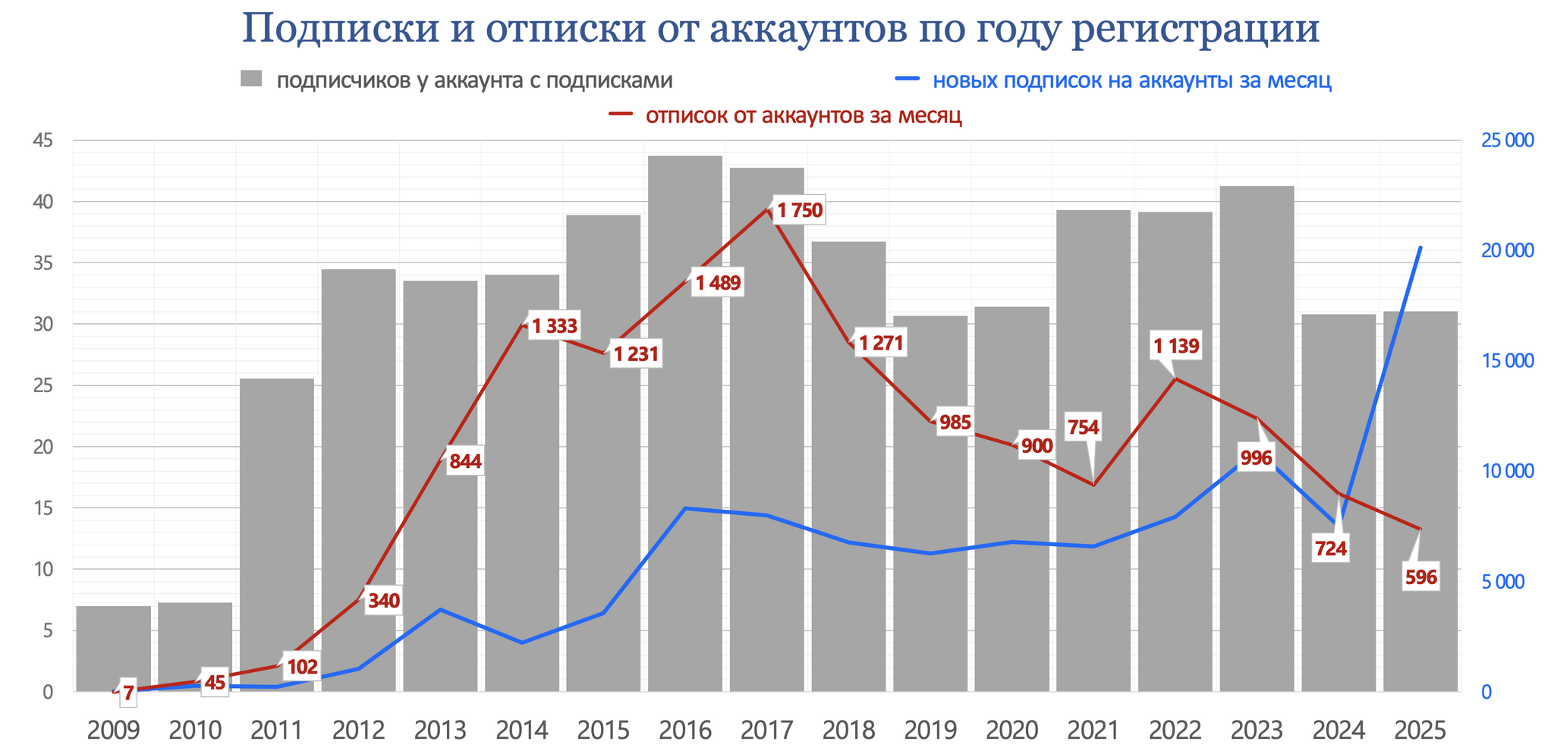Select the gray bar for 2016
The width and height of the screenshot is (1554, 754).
[685, 425]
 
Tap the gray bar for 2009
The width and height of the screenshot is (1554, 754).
[114, 649]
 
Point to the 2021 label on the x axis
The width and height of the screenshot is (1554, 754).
[1093, 730]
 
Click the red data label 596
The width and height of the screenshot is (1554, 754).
[1420, 577]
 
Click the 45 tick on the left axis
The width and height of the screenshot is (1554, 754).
[42, 140]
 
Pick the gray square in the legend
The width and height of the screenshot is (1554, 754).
[251, 79]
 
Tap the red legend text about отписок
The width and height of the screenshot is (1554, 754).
[804, 115]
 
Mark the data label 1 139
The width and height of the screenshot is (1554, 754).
[1175, 347]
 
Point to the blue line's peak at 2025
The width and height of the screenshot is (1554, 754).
[1420, 248]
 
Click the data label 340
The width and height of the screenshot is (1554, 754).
[383, 602]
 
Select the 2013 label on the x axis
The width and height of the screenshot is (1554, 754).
[440, 730]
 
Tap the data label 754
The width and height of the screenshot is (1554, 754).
[1083, 427]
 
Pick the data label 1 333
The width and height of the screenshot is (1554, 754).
[554, 327]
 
